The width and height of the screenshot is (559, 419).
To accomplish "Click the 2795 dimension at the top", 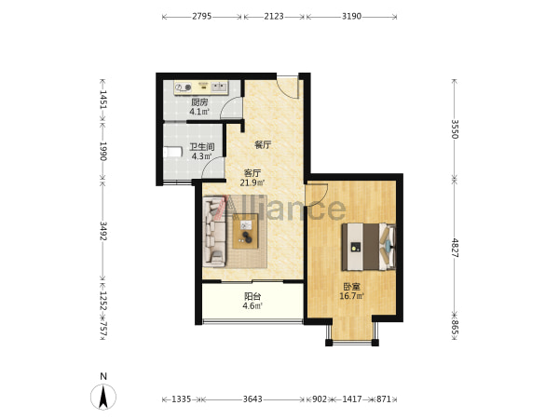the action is [x=202, y=17].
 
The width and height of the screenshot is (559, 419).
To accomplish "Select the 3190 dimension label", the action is [x=351, y=17].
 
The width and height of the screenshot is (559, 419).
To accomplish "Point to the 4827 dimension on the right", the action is [x=455, y=248].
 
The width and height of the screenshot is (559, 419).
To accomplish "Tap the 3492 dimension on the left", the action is [x=103, y=231].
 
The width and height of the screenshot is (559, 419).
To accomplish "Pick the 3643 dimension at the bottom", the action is [x=252, y=399].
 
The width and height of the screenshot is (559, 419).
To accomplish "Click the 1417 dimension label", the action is [x=352, y=399].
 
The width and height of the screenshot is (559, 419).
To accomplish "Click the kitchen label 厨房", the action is [x=199, y=102].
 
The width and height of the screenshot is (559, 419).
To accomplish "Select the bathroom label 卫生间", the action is [x=202, y=147].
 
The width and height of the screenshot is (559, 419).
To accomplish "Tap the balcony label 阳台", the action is [x=252, y=296].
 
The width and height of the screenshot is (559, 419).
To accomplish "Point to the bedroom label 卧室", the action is [x=351, y=287].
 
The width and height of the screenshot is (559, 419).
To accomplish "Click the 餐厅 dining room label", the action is [x=263, y=145].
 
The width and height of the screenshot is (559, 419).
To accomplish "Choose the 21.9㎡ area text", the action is [x=252, y=183].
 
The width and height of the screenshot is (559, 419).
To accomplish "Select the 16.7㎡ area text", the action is [x=351, y=296].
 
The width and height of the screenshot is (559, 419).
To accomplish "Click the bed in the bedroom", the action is [x=369, y=247].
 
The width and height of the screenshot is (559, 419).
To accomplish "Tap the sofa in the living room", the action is [x=214, y=232].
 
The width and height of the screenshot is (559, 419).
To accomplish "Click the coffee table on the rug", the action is [x=245, y=231].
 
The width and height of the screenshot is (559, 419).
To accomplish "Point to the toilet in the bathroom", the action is [x=173, y=152].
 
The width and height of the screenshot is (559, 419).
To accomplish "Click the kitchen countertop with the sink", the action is [x=201, y=88].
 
